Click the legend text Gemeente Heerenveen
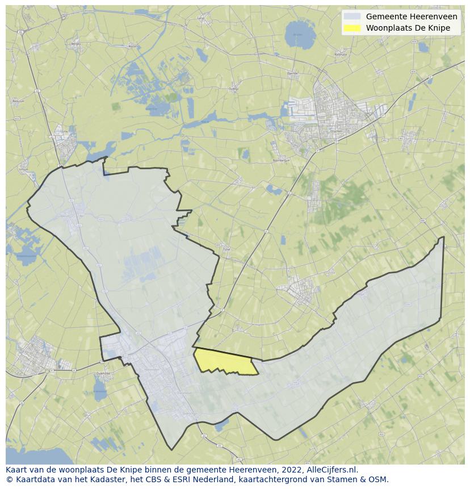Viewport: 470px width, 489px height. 411,17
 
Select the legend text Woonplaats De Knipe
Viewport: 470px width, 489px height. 408,28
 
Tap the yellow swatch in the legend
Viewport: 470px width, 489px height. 352,28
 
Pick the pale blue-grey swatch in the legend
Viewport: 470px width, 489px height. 352,17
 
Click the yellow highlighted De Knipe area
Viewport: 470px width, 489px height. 224,362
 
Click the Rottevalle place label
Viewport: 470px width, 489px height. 341,55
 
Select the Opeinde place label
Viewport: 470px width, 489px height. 292,73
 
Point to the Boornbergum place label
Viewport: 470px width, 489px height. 281,161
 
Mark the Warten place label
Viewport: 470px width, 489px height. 132,46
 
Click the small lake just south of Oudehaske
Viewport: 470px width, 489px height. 99,390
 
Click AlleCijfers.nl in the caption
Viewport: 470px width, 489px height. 332,470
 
